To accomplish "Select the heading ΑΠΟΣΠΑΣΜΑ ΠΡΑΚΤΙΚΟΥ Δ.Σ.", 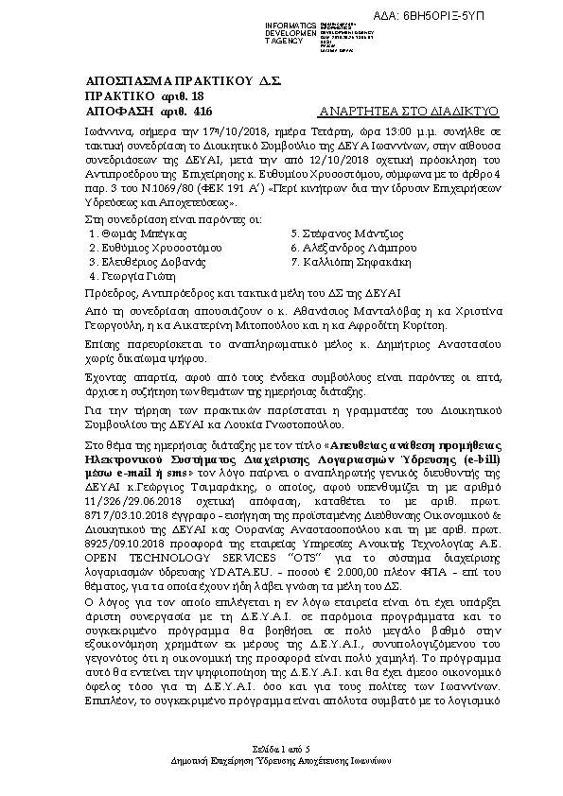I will click(184, 82).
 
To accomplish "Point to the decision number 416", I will click(200, 111).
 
